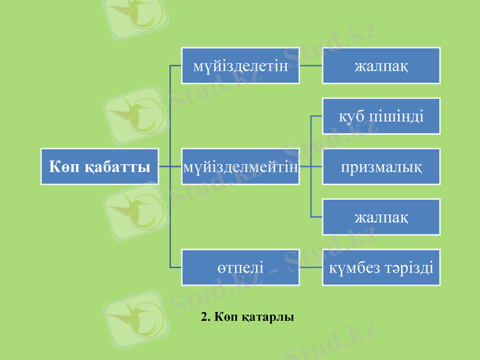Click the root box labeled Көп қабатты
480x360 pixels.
[x=100, y=166]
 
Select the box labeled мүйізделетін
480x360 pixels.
[x=241, y=65]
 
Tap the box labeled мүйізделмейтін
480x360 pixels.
[x=241, y=166]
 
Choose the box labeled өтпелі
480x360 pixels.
[x=241, y=267]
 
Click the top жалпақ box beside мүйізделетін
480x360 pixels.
[x=382, y=65]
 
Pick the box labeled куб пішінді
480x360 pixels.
[x=382, y=116]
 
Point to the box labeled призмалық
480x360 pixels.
[x=382, y=166]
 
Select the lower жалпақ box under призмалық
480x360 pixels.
[x=382, y=217]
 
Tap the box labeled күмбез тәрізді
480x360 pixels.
[x=382, y=267]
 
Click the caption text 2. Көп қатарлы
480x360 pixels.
[x=248, y=316]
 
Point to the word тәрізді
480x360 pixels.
[x=409, y=267]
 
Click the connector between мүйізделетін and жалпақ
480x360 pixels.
[x=311, y=65]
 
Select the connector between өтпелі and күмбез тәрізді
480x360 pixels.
[x=311, y=267]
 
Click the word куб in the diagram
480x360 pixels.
[x=351, y=116]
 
